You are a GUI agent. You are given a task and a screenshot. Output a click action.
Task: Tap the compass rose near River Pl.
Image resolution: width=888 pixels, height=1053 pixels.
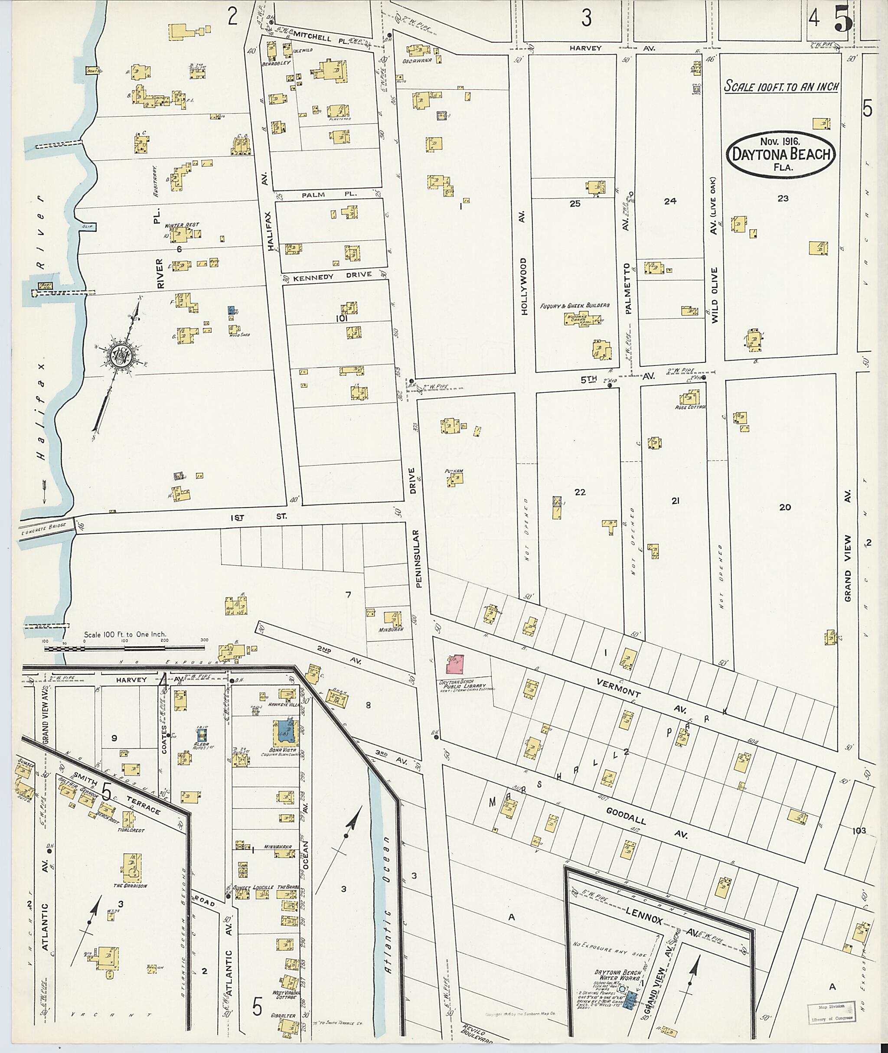click(121, 355)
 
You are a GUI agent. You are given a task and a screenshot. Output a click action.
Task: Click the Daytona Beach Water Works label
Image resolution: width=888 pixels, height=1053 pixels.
click(616, 975)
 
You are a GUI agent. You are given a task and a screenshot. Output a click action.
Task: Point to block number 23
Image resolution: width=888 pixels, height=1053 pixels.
click(783, 198)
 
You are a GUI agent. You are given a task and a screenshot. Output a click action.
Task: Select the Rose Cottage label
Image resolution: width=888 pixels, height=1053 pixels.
click(691, 407)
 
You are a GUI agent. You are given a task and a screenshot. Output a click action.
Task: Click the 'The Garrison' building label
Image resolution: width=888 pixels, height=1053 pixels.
click(130, 885)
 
